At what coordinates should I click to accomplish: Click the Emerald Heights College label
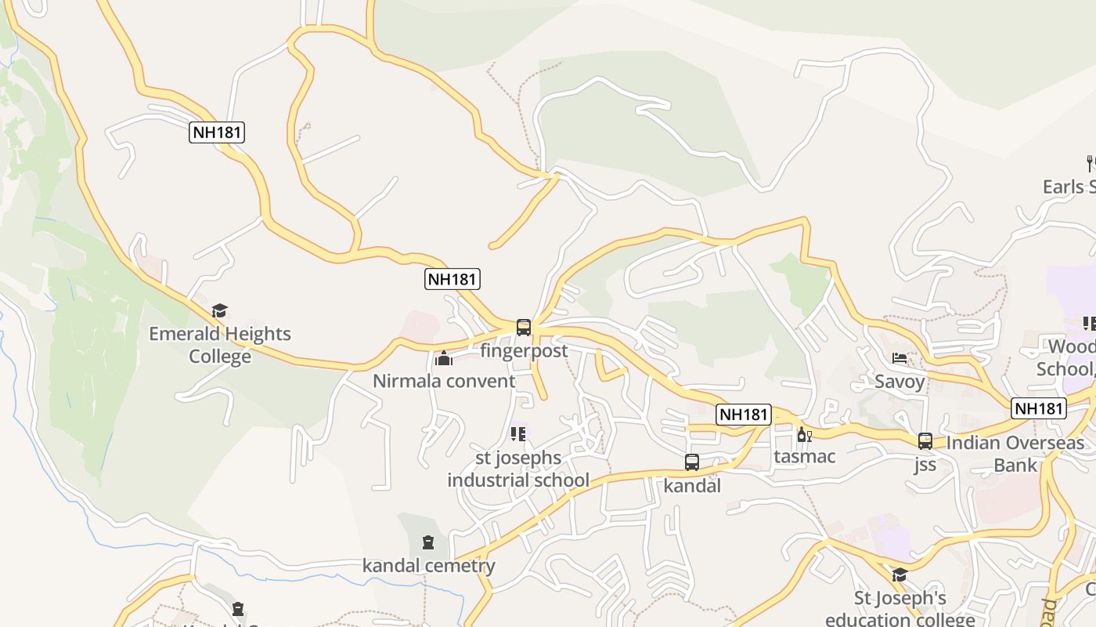tap(220, 345)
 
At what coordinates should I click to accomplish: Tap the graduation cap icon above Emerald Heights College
tap(220, 311)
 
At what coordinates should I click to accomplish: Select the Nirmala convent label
tap(444, 381)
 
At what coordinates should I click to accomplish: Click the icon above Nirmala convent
tap(444, 359)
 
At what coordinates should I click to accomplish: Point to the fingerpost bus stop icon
tap(524, 328)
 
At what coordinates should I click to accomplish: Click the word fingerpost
tap(524, 350)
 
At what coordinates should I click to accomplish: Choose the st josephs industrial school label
tap(518, 469)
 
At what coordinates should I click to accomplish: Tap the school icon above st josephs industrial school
tap(518, 433)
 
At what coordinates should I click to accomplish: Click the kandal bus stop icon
tap(692, 462)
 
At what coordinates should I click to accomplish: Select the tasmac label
tap(805, 456)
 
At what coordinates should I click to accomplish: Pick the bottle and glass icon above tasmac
tap(804, 434)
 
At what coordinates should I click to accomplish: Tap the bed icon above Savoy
tap(900, 359)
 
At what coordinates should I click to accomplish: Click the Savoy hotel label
tap(900, 382)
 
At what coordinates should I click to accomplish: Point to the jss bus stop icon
tap(925, 441)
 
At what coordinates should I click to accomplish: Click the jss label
tap(925, 464)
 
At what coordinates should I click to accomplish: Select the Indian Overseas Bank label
tap(1015, 454)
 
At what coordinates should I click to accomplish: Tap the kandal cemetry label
tap(428, 565)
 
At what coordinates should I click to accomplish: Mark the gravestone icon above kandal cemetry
tap(428, 542)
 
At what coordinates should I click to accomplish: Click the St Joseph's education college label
tap(900, 609)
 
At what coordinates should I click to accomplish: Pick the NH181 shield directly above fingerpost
tap(452, 278)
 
